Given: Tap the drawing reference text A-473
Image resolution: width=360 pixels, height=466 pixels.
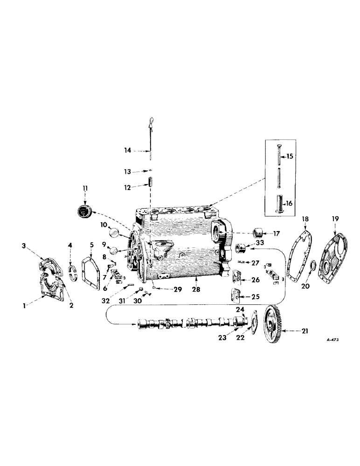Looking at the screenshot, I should (x=332, y=340).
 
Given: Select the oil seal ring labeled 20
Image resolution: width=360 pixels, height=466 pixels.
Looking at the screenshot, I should (x=313, y=267).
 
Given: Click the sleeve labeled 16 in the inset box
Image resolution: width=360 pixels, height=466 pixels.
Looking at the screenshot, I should (x=279, y=205).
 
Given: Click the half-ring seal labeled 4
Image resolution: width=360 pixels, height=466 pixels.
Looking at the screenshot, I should (x=72, y=272).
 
